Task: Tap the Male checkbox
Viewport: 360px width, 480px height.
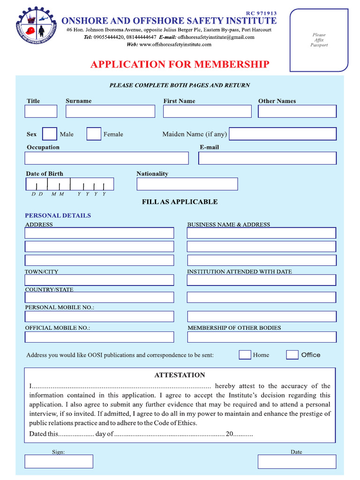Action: tap(50, 134)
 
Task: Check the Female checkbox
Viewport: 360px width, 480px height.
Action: tap(94, 134)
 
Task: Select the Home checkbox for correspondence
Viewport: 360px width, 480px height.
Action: tap(245, 355)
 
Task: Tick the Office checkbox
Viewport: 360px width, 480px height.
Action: tap(292, 355)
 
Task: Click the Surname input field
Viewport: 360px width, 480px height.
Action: tap(110, 111)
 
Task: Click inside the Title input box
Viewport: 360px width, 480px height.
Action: tap(41, 111)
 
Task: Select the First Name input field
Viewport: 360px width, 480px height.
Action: tap(207, 111)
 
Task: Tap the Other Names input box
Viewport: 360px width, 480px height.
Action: tap(297, 111)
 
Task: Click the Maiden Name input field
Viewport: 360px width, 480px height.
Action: tap(283, 134)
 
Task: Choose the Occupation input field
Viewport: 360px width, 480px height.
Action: tap(107, 158)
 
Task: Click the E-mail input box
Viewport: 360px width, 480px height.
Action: tap(267, 158)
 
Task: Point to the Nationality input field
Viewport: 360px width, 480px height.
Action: tap(187, 184)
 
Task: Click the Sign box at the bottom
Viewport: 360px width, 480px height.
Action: tap(59, 461)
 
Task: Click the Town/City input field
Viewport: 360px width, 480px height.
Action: tap(99, 280)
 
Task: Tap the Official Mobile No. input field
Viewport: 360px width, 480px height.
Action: tap(99, 337)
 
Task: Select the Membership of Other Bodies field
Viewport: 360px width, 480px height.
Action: tap(262, 337)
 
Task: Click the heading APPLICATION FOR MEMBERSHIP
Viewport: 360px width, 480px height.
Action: tap(180, 64)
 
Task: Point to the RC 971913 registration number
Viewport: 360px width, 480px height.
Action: tap(261, 13)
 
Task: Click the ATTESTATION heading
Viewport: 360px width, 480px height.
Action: tap(180, 375)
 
